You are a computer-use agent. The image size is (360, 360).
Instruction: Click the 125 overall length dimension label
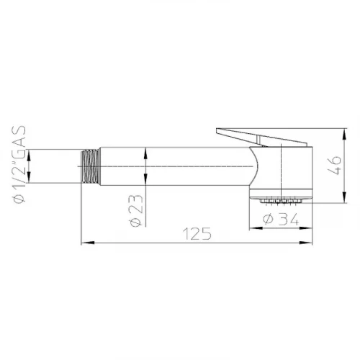[197, 233]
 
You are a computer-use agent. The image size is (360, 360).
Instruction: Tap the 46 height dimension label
[334, 166]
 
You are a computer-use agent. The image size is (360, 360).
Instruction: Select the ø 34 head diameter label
[281, 219]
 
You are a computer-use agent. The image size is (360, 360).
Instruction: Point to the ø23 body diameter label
[136, 210]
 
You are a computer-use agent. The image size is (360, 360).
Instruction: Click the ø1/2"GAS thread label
[19, 165]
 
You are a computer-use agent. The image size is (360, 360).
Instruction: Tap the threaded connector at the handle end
[91, 166]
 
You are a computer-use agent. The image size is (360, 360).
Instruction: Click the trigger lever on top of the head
[261, 138]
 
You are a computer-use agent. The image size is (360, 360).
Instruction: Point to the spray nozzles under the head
[280, 201]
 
